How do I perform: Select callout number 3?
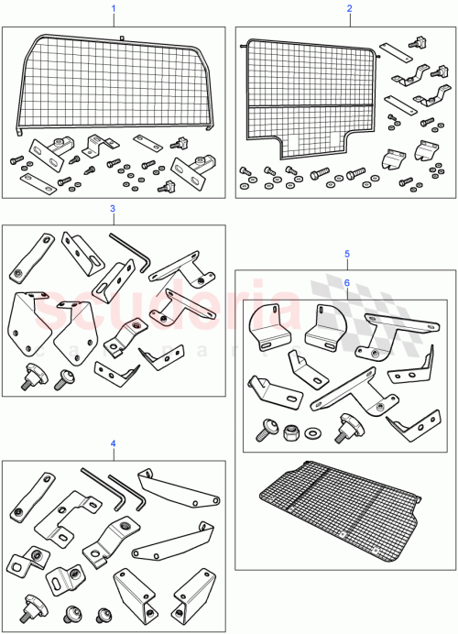113,208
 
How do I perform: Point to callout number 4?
113,443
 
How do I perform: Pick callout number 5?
346,252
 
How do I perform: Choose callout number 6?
346,282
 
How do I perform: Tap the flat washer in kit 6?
316,431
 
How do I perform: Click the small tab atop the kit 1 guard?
121,37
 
